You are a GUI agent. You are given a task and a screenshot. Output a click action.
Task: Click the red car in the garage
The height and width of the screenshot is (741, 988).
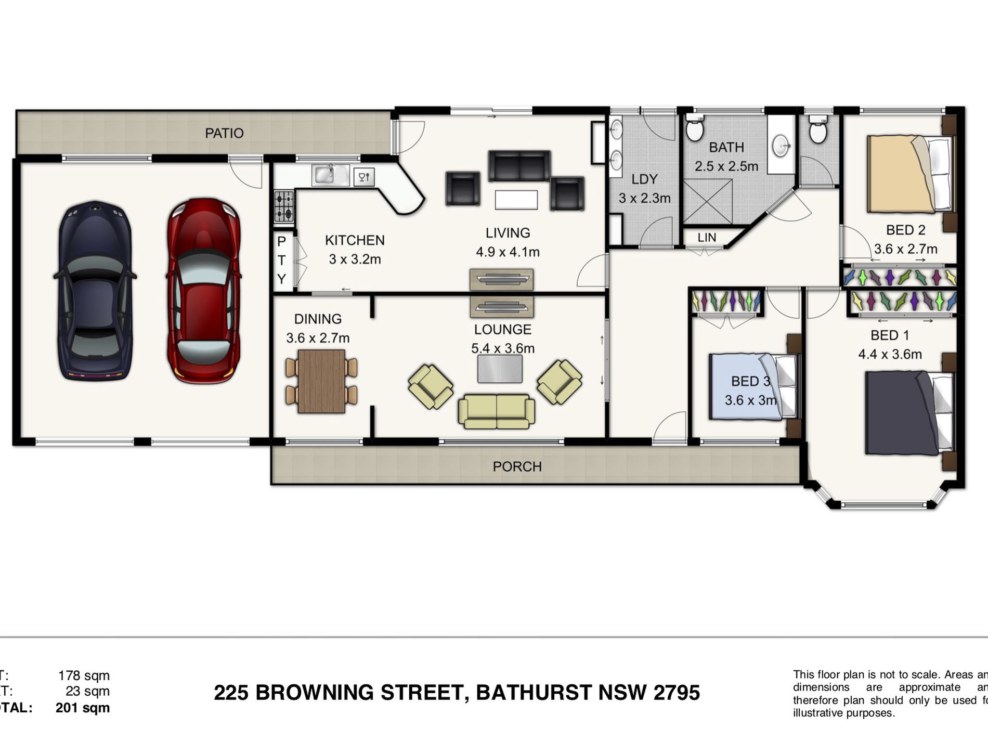(203, 291)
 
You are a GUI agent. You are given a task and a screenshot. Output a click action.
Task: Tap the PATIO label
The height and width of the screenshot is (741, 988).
(224, 133)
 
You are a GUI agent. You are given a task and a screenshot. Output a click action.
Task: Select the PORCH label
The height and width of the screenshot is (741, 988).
(517, 466)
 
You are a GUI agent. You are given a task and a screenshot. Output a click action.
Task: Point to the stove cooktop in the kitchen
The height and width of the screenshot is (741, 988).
(283, 206)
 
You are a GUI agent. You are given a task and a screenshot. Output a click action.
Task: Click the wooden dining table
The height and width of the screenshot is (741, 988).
(321, 381)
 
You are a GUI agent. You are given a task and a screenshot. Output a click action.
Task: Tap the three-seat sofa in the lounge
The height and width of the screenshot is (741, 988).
(496, 411)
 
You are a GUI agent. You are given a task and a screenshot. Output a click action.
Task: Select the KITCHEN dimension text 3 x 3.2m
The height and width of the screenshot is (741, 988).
(355, 259)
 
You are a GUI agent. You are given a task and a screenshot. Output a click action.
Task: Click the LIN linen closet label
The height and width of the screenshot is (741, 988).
(707, 237)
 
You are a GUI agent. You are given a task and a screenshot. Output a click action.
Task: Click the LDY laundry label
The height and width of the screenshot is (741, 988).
(644, 179)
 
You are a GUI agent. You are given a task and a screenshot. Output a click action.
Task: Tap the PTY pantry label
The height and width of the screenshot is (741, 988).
(281, 260)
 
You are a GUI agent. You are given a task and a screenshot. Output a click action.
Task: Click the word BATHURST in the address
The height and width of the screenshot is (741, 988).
(534, 693)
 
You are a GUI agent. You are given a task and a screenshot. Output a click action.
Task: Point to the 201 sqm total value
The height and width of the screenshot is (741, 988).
(83, 708)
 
